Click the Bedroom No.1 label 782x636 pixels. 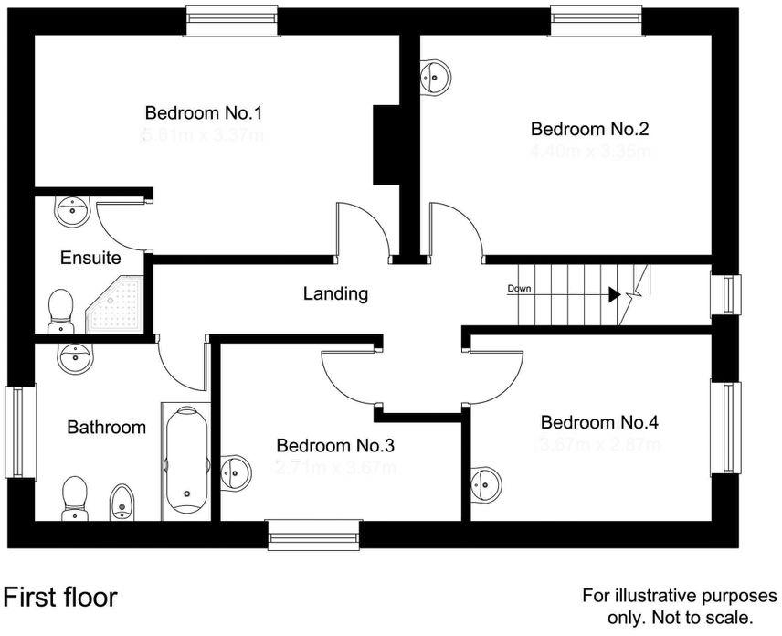click(204, 113)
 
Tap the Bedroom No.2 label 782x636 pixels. click(590, 129)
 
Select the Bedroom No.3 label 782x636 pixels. click(335, 446)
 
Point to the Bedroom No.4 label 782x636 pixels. click(599, 422)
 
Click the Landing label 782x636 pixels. click(335, 293)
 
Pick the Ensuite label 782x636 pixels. click(90, 258)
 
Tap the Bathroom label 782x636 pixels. click(107, 427)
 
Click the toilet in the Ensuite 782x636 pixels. click(61, 308)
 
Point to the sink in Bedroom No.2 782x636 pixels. click(436, 77)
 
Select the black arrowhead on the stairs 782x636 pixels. click(615, 294)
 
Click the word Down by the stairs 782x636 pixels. click(519, 289)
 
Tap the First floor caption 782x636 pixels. click(60, 598)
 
